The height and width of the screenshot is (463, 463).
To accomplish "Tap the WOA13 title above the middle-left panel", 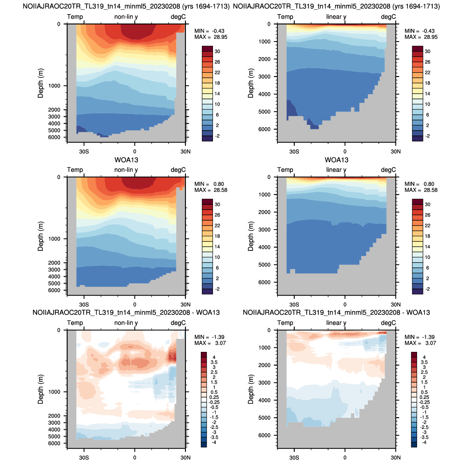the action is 126,160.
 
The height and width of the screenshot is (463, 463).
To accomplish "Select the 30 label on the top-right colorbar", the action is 427,51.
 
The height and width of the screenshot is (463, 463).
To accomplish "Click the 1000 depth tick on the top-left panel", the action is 54,86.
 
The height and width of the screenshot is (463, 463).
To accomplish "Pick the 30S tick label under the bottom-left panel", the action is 84,457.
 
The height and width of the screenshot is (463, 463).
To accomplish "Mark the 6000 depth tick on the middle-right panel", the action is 264,282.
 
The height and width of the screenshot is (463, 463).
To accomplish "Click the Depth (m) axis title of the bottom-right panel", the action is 251,389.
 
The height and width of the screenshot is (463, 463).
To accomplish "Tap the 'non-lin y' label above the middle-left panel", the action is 126,170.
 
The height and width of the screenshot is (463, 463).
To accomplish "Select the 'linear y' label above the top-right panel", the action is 336,17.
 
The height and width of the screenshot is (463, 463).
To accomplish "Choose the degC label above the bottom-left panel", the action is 178,323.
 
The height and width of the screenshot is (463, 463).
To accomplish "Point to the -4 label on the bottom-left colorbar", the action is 214,442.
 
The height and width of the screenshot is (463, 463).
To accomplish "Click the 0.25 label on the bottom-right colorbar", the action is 424,397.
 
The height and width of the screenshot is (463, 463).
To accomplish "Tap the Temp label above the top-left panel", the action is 75,17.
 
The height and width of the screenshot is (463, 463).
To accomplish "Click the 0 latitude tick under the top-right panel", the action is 345,151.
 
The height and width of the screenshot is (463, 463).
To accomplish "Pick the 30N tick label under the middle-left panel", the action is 185,304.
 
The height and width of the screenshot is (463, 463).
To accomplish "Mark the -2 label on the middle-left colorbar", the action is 217,289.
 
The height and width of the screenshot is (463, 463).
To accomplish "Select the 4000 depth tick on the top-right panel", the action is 264,94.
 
